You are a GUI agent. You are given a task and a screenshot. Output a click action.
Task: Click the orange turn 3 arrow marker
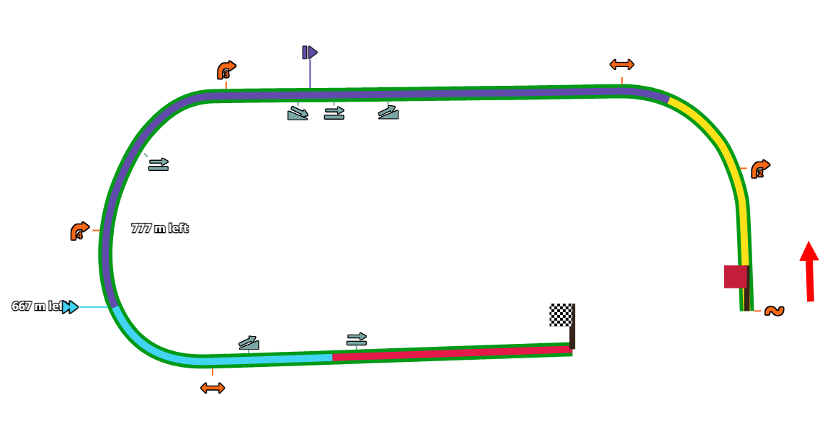(226, 70)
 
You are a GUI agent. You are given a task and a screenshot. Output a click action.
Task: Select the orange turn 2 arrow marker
(760, 169)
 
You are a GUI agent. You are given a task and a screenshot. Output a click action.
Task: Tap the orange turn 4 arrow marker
(79, 231)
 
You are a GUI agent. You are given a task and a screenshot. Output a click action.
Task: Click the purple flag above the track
(310, 53)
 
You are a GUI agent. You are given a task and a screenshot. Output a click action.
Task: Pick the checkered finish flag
(561, 315)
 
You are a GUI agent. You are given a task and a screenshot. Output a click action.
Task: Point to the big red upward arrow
(809, 270)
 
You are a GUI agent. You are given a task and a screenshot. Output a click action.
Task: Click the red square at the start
(735, 277)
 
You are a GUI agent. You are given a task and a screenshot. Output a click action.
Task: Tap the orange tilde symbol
(774, 311)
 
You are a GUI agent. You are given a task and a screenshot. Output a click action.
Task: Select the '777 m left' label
(159, 229)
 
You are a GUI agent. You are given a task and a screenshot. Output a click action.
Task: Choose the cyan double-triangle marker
(70, 307)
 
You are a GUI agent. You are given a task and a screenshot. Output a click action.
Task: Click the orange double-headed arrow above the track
(622, 65)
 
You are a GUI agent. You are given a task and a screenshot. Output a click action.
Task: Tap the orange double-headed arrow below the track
(213, 388)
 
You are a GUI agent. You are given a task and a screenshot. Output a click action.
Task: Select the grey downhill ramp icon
(298, 113)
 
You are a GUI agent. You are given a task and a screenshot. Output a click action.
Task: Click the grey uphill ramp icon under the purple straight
(388, 112)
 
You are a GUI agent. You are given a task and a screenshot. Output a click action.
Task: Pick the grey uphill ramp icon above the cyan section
(249, 343)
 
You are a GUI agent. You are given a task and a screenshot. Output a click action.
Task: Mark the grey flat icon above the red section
(356, 339)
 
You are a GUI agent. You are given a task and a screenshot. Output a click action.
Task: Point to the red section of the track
(454, 353)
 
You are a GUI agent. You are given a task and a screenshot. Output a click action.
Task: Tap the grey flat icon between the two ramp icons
(334, 112)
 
